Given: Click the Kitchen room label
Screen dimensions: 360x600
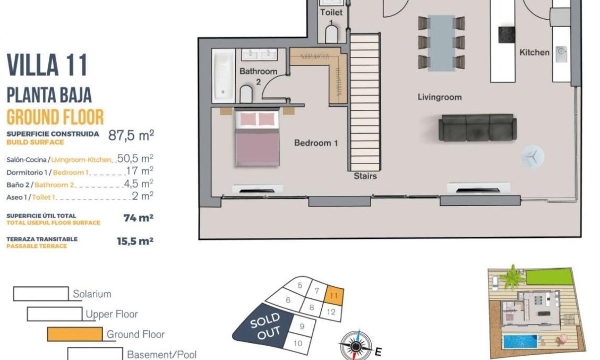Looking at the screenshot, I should click(534, 52).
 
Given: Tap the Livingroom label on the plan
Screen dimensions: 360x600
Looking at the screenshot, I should click(439, 97).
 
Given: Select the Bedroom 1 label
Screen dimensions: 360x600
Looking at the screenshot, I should click(316, 143).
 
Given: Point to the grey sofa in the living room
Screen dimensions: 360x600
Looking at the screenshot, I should click(477, 127).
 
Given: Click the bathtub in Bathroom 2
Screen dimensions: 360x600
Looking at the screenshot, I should click(223, 75).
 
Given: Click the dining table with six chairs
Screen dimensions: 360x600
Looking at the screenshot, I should click(441, 42).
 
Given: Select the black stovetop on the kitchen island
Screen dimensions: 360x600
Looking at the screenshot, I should click(506, 35).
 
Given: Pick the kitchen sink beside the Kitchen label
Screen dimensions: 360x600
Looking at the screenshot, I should click(561, 52).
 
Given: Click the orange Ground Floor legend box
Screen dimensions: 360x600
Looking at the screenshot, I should click(74, 334).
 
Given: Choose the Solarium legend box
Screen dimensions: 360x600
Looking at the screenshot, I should click(41, 294).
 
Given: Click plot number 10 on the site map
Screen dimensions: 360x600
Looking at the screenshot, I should click(298, 343).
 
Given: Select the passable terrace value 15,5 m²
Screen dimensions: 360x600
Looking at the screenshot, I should click(135, 241).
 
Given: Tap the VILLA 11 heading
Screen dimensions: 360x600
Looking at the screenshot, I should click(47, 66).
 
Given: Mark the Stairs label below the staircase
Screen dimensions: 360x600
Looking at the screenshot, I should click(365, 176).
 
